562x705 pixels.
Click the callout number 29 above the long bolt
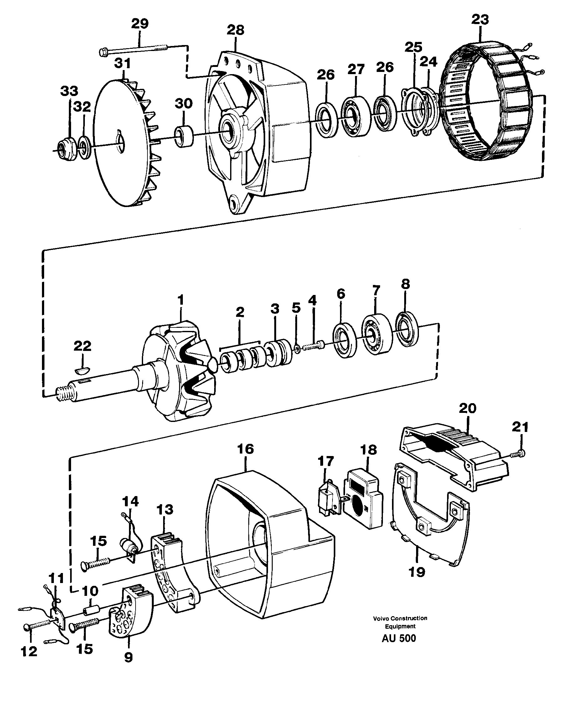[140, 24]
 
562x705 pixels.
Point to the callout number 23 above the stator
[480, 19]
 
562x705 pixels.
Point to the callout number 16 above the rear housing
[245, 449]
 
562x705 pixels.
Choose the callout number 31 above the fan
[123, 63]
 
